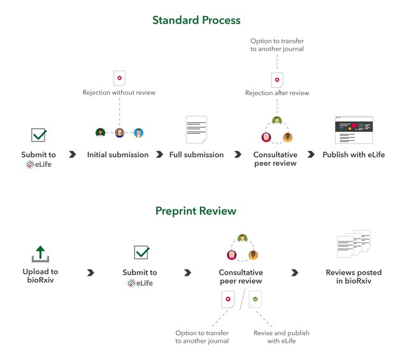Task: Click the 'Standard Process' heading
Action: pos(196,20)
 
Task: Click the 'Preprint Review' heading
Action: pos(196,211)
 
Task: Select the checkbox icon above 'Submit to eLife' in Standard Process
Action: pos(39,135)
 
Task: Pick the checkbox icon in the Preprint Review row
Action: pos(141,252)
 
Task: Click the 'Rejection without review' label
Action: pos(119,92)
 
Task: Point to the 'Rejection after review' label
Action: pos(277,93)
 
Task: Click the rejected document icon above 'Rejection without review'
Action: pos(120,78)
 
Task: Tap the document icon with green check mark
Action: pos(255,299)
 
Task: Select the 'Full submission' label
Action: pos(196,155)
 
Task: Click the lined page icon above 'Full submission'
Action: pos(196,129)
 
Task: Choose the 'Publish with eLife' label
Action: pos(354,155)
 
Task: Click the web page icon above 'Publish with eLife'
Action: pos(354,130)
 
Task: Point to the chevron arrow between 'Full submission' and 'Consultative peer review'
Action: pos(238,154)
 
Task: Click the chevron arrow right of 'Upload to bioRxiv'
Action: pos(90,273)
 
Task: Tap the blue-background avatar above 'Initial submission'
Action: pos(139,133)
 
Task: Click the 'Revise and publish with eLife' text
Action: pos(282,337)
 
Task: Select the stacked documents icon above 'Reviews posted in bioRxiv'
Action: pos(354,244)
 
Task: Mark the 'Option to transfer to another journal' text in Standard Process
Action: pos(277,45)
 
